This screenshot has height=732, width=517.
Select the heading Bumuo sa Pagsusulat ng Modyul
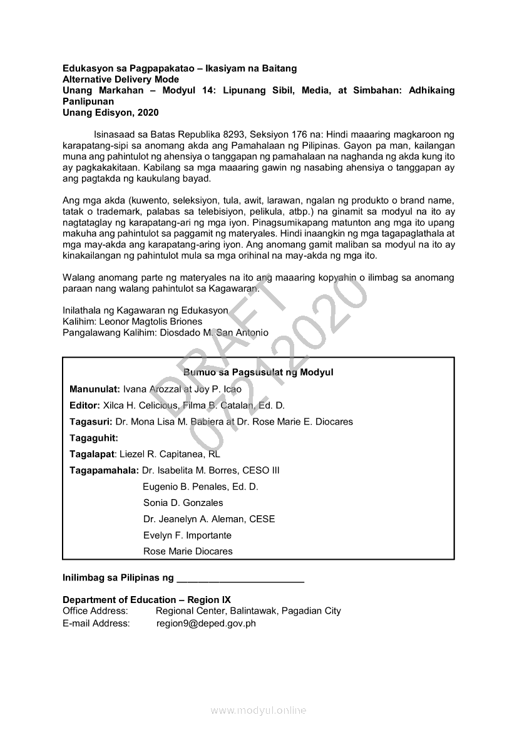[258, 373]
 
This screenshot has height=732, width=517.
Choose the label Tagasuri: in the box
[91, 421]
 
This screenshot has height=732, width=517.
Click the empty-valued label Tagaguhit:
[94, 438]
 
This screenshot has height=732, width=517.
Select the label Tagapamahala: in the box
[104, 470]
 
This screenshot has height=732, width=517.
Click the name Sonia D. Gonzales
[183, 503]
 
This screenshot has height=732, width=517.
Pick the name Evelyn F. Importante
[187, 535]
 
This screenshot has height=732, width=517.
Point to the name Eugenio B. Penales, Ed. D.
[200, 487]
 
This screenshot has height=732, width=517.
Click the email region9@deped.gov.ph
[206, 623]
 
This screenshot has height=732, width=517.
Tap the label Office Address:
[95, 611]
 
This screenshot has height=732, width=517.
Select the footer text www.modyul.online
[258, 710]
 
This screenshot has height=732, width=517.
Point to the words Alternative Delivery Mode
[121, 80]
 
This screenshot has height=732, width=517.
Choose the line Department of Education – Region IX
[146, 599]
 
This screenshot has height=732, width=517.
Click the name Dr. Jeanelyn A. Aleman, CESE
[209, 519]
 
